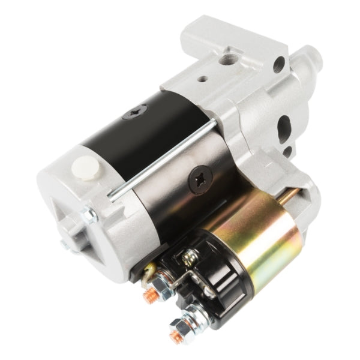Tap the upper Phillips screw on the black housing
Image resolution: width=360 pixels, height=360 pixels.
click(x=136, y=111)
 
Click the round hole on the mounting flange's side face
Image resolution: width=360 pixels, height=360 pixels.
click(x=278, y=64)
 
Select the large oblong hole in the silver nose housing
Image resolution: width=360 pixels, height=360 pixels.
click(x=284, y=128)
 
